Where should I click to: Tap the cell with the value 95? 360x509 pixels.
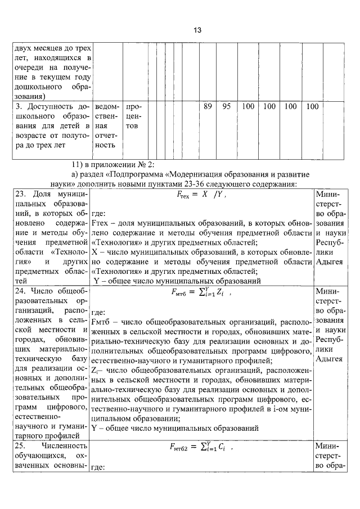click(226, 106)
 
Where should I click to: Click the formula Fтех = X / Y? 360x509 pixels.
click(201, 197)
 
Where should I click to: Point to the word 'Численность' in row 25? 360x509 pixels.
click(64, 445)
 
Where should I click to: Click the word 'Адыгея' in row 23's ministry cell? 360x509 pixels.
click(329, 262)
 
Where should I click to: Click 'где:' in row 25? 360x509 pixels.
click(98, 467)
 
